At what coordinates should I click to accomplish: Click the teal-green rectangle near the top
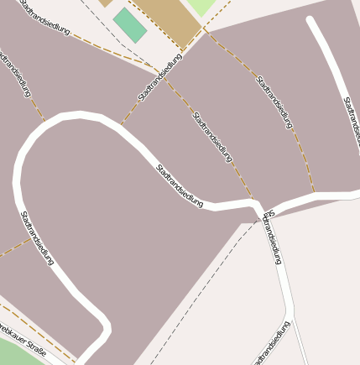[130, 24]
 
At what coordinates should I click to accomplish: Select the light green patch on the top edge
[201, 6]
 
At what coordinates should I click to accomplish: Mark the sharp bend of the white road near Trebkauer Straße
[104, 324]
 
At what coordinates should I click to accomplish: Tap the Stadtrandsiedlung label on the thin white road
[273, 238]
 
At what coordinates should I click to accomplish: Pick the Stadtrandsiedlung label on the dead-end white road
[351, 122]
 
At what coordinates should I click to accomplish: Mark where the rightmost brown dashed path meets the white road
[314, 195]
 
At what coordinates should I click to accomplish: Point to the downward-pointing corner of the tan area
[180, 50]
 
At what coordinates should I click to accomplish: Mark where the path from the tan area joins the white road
[122, 124]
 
